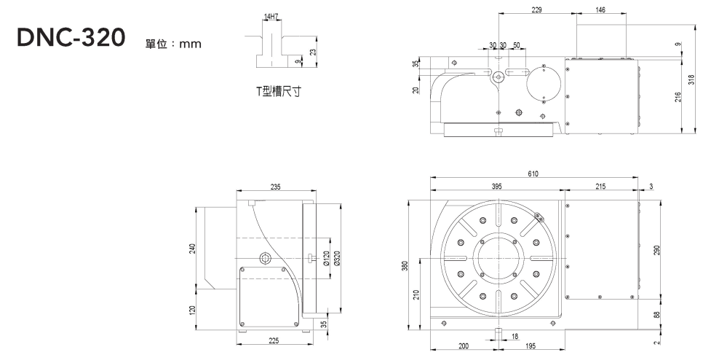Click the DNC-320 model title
tap(72, 38)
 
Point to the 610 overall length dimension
tap(535, 173)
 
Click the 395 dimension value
tap(496, 187)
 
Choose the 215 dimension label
tap(600, 187)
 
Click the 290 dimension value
tap(656, 250)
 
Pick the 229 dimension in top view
tap(536, 10)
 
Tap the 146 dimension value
tap(600, 10)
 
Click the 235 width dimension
tap(275, 187)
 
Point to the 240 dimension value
tap(193, 249)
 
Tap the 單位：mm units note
tap(173, 44)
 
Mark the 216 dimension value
tap(678, 96)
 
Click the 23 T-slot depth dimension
tap(313, 51)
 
